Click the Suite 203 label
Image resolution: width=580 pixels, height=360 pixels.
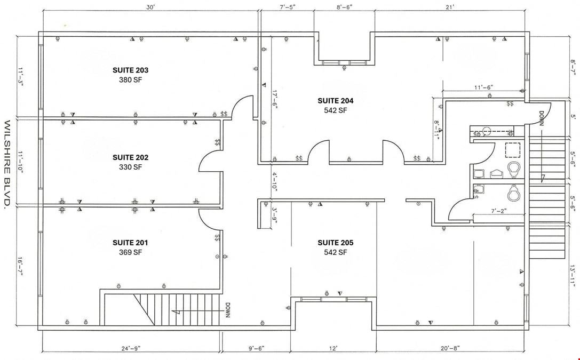(x=130, y=70)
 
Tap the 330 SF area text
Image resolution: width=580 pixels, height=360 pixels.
(x=130, y=167)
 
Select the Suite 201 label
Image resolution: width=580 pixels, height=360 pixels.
(x=130, y=243)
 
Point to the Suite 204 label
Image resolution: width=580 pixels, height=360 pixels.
(x=336, y=101)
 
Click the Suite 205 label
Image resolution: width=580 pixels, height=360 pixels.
(x=336, y=243)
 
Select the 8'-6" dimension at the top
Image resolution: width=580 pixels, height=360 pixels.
(x=344, y=6)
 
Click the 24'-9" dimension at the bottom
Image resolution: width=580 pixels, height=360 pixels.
(x=131, y=349)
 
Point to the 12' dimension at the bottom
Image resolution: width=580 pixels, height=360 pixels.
(x=333, y=349)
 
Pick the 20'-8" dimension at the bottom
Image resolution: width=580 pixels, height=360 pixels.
(x=450, y=349)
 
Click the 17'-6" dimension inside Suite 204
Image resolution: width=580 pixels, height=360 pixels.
(x=274, y=100)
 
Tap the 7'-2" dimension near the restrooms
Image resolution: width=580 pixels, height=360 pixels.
(x=498, y=211)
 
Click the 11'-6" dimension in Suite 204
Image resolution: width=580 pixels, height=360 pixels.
(x=484, y=87)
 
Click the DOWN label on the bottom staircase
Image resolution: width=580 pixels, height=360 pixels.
(x=227, y=310)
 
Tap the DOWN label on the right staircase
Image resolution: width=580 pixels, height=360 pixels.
(x=541, y=118)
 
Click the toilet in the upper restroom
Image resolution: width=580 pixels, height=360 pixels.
(x=513, y=170)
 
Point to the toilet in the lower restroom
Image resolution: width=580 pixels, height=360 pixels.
(x=513, y=193)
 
